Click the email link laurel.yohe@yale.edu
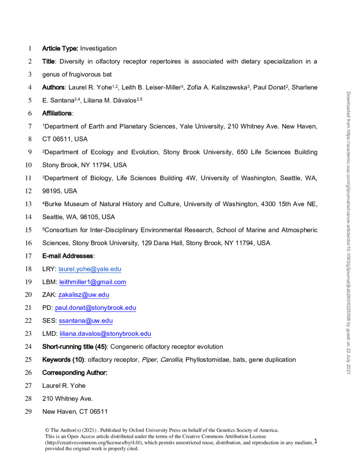[90, 269]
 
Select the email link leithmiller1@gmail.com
[93, 282]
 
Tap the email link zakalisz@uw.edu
[84, 295]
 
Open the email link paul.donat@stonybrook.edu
[95, 308]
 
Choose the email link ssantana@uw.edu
[86, 321]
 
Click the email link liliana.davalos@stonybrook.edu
[105, 334]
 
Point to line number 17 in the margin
[29, 256]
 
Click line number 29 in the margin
[29, 412]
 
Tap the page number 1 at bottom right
[316, 441]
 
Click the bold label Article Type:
[60, 49]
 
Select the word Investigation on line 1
[99, 49]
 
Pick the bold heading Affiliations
[58, 113]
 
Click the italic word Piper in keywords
[148, 360]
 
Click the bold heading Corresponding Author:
[75, 373]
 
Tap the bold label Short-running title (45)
[74, 347]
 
